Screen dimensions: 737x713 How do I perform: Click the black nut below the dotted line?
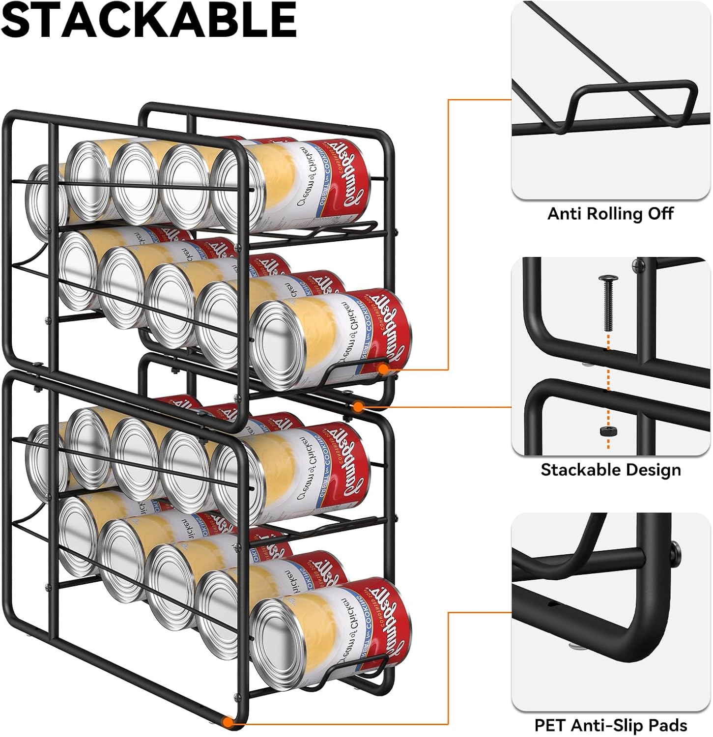click(608, 431)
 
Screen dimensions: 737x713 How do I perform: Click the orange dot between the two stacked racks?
click(359, 407)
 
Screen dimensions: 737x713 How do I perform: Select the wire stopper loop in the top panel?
click(634, 106)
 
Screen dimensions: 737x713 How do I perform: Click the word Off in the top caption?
click(661, 214)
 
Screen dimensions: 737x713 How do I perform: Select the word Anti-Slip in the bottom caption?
click(607, 725)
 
